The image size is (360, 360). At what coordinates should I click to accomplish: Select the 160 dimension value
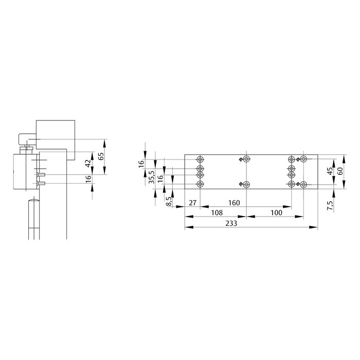tap(233, 203)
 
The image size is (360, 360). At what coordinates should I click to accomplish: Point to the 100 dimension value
tap(276, 212)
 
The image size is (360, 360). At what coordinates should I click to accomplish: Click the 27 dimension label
tap(193, 203)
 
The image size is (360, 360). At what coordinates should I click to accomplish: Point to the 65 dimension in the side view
tap(101, 156)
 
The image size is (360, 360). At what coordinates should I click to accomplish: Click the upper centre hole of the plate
tap(247, 159)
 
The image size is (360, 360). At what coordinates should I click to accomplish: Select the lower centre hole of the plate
tap(247, 185)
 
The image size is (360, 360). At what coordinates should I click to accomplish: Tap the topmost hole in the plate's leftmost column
tap(200, 159)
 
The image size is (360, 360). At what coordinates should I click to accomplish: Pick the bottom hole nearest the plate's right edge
tap(304, 185)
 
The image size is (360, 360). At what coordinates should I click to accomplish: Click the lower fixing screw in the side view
tap(41, 183)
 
